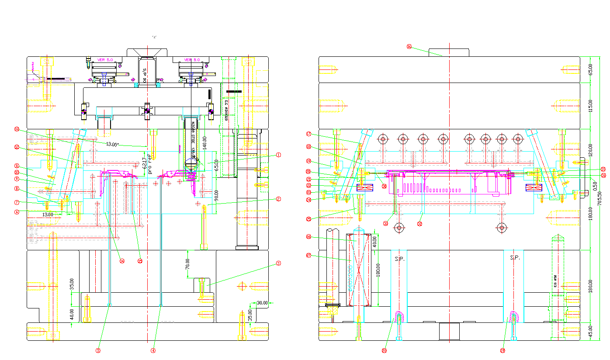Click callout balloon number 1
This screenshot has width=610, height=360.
(278, 155)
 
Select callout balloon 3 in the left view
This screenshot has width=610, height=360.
(278, 263)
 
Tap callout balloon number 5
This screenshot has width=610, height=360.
(98, 350)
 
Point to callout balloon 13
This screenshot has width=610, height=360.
(17, 129)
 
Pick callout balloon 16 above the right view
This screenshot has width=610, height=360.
(409, 46)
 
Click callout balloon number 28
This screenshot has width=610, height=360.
(385, 350)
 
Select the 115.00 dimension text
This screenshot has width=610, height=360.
(590, 106)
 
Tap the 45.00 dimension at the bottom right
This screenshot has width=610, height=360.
(590, 331)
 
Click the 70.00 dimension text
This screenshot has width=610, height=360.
(187, 264)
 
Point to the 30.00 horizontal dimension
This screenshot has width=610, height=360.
(262, 303)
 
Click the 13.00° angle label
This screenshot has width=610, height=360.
(112, 144)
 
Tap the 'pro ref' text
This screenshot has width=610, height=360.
(149, 164)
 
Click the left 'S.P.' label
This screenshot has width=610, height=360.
(399, 259)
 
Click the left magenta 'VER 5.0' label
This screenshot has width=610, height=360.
(104, 60)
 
